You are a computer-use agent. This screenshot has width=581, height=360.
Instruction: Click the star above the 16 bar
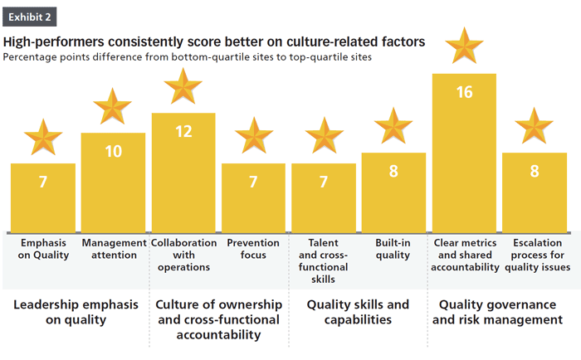click(464, 48)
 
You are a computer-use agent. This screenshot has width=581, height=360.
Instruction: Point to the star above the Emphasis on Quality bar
click(43, 138)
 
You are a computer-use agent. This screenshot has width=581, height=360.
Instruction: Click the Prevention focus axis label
click(253, 249)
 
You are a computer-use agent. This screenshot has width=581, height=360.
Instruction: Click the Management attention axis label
click(113, 249)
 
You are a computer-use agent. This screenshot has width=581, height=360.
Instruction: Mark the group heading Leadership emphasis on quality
click(76, 312)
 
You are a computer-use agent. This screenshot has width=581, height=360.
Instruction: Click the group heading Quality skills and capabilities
click(358, 312)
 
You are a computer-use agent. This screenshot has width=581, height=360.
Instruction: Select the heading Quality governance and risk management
click(499, 312)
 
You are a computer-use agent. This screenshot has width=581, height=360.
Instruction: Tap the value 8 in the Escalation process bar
click(534, 173)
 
